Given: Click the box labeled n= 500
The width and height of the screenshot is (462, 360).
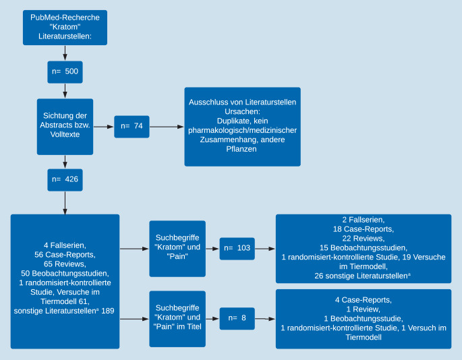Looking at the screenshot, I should coord(65,71).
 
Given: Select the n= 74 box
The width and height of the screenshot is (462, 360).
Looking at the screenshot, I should coord(132,126).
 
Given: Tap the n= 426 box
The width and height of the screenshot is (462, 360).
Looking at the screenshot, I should coord(65,180).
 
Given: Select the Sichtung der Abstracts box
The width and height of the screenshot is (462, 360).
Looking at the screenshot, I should coord(65,126).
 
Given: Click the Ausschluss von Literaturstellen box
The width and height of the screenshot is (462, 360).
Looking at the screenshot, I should coord(242,126).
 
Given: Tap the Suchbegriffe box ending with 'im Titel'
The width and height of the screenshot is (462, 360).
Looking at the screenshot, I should coord(177,318).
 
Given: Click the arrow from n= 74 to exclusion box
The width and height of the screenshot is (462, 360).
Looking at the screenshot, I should coord(167,126).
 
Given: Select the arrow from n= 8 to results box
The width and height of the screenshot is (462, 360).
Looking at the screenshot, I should coord(265,318).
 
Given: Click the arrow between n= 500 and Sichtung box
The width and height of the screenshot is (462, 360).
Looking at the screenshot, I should coord(65,90).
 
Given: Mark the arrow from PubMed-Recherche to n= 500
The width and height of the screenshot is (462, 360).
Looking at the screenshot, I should coord(65,53).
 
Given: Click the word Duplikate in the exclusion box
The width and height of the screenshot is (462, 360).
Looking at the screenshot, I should coord(224,121).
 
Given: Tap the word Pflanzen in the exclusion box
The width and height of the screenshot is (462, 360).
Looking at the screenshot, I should coord(242,149).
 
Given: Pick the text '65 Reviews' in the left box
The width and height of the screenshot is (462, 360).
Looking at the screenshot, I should coord(65,264).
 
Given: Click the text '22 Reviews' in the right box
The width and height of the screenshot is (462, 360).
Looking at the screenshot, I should coord(364,239).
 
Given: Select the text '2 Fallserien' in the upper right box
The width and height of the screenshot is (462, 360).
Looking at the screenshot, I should coord(364,220).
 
